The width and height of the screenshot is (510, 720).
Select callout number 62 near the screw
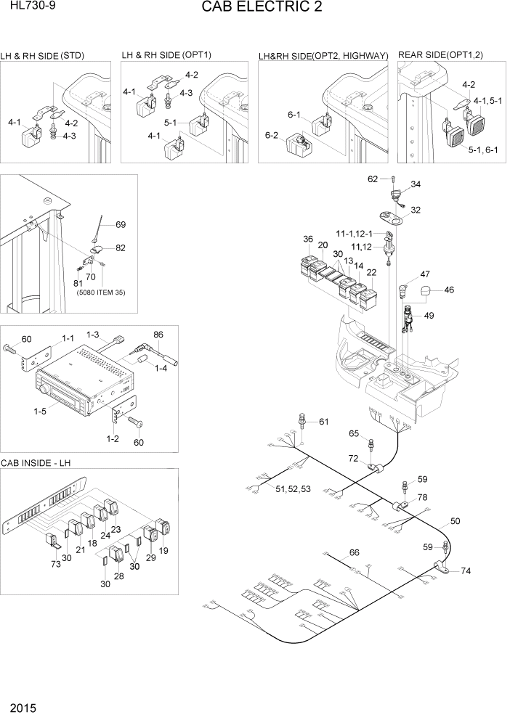click(x=373, y=179)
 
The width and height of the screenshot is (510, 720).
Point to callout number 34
click(x=416, y=185)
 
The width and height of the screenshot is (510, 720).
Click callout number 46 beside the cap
click(x=449, y=290)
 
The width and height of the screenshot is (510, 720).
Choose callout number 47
click(x=424, y=274)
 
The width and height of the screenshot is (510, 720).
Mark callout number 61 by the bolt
click(x=323, y=422)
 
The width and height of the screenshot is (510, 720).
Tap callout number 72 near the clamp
click(x=354, y=459)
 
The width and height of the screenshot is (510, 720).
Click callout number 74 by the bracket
click(x=466, y=571)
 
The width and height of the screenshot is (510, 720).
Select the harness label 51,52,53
click(x=294, y=489)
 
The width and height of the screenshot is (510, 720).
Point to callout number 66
click(x=354, y=553)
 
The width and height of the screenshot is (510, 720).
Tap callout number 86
click(x=158, y=335)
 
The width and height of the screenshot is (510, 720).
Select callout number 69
click(x=121, y=224)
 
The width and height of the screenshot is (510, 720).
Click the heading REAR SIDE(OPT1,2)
click(x=442, y=55)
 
